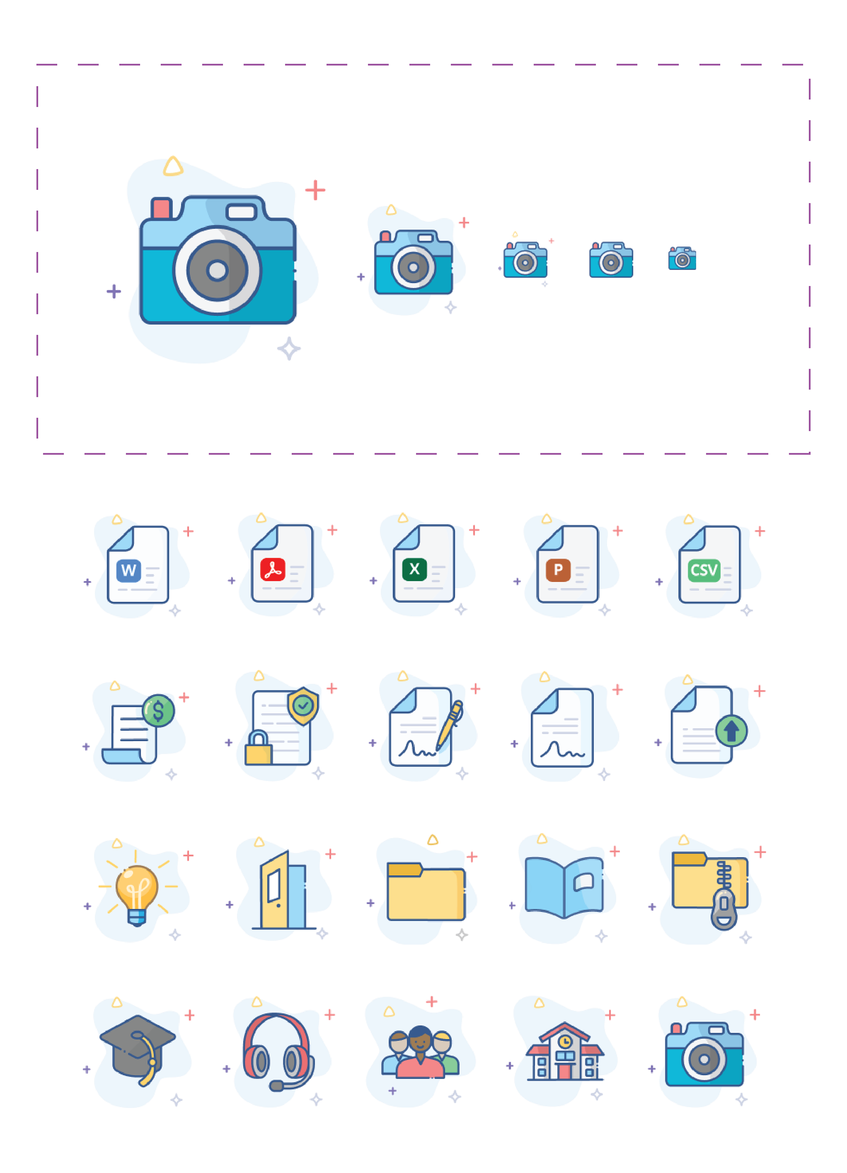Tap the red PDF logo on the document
coord(273,569)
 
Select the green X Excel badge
coord(414,569)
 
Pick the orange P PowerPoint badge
coord(558,569)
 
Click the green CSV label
coord(704,570)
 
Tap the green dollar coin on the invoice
coord(158,710)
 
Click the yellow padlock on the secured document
coord(258,749)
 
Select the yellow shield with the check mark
coord(303,705)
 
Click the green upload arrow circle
coord(731,731)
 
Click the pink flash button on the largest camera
coord(161,208)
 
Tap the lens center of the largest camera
coord(217,270)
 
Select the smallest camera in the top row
coord(682,259)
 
